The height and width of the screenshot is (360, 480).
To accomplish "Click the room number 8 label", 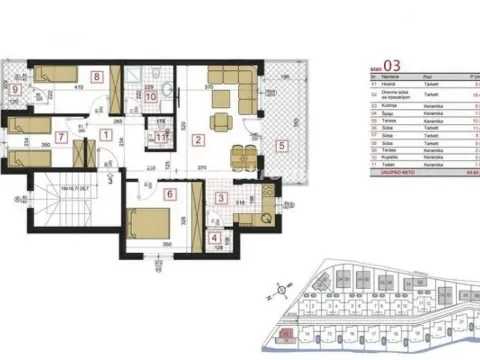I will click(x=97, y=76).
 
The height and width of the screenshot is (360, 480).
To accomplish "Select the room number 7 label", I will click(x=61, y=136).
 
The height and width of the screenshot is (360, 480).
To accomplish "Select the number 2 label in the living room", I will click(x=200, y=141).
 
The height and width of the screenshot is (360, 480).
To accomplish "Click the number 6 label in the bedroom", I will click(x=169, y=195).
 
